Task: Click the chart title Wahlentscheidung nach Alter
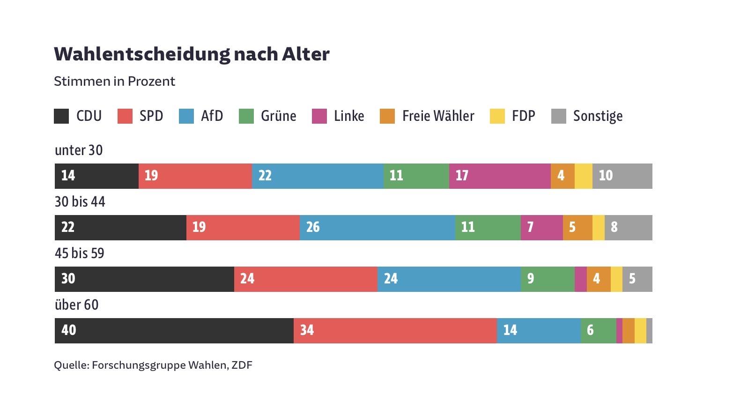point(192,54)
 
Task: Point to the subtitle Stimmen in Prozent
point(114,82)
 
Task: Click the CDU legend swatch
point(61,116)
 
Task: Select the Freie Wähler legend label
point(438,116)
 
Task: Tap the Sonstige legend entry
point(598,116)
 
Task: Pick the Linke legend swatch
point(319,116)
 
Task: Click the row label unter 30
point(79,150)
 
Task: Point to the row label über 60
point(77,305)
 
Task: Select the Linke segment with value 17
point(500,176)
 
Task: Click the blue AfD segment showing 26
point(377,228)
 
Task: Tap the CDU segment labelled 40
point(174,331)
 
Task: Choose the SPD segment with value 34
point(395,331)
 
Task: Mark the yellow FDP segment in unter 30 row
point(583,176)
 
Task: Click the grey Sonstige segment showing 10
point(622,176)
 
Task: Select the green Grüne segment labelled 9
point(547,279)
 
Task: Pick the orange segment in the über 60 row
point(629,331)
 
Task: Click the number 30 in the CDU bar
point(68,279)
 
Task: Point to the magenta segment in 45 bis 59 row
point(580,279)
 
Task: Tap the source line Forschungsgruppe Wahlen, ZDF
point(153,365)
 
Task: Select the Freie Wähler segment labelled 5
point(577,228)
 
